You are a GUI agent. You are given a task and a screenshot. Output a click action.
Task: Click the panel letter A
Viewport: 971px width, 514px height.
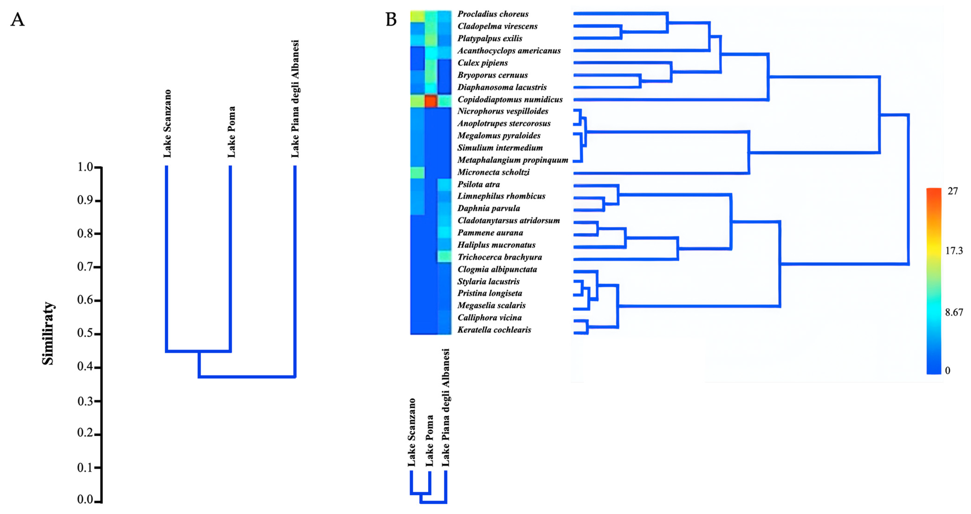17,19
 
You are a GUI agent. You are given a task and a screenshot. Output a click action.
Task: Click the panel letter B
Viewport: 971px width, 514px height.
391,19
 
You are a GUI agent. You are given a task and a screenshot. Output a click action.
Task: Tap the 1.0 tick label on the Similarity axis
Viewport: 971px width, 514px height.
85,167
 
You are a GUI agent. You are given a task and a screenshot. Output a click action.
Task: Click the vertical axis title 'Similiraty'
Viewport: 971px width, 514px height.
48,333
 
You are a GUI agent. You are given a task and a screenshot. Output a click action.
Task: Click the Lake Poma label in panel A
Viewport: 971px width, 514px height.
231,132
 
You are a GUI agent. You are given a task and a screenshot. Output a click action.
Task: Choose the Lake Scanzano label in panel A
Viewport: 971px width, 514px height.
167,124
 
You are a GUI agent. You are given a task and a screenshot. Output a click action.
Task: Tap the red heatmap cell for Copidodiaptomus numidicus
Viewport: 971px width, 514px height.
431,101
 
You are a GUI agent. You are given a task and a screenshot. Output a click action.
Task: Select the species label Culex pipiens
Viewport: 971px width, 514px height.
482,63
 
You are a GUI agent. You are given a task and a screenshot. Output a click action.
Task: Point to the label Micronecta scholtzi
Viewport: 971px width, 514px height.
493,172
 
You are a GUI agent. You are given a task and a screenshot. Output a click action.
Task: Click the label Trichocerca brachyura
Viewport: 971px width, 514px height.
499,257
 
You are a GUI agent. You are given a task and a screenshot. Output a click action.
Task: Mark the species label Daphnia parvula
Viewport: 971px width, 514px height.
489,208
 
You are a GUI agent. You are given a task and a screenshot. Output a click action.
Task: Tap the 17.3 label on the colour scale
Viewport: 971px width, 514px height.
954,251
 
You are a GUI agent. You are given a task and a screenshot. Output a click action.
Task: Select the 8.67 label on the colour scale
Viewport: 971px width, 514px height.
954,312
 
